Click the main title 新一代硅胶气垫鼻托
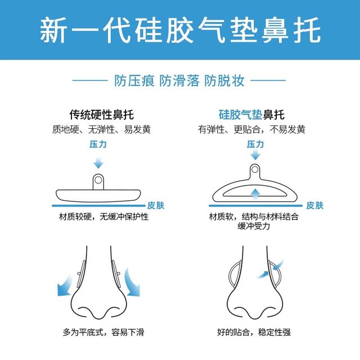tap(180, 30)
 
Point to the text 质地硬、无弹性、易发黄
tap(98, 129)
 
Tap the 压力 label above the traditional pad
tap(98, 145)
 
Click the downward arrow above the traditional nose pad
tap(98, 163)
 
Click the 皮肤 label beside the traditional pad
tap(156, 205)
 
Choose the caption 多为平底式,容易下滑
tap(103, 332)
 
